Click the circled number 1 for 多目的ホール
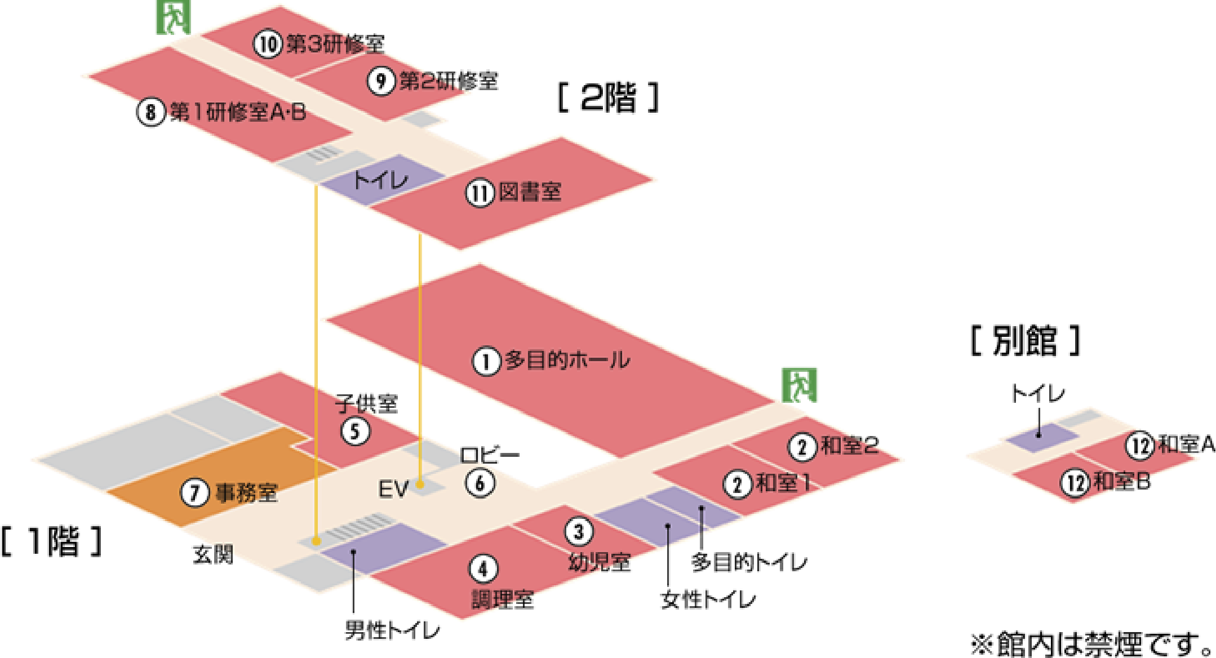point(486,361)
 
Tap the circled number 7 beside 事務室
point(194,492)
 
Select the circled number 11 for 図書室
point(480,193)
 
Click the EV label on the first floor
point(393,489)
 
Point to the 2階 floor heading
point(607,98)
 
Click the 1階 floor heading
point(51,541)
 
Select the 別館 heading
point(1025,341)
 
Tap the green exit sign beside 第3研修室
point(172,17)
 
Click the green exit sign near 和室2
point(799,385)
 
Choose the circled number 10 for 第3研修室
point(267,44)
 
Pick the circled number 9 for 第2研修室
point(381,81)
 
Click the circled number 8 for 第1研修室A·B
point(150,112)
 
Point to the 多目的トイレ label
point(749,562)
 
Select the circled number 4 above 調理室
point(483,569)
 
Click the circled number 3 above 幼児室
point(579,531)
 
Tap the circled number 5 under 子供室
point(356,432)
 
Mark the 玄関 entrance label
point(211,555)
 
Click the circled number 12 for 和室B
point(1075,483)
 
